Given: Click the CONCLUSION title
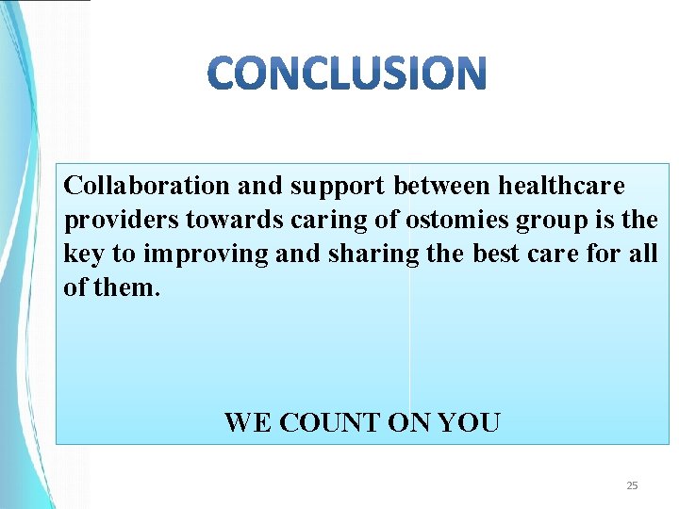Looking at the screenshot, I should click(x=347, y=74).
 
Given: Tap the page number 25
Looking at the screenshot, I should click(x=632, y=485).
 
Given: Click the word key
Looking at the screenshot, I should click(x=81, y=254).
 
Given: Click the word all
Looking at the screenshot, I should click(x=642, y=254).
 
